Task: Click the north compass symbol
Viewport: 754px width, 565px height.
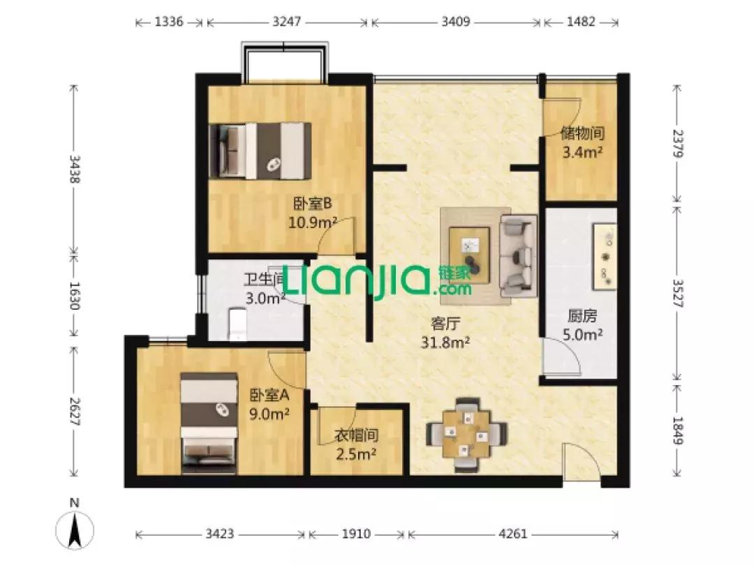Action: coord(75,529)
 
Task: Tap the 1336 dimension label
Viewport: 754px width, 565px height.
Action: coord(169,22)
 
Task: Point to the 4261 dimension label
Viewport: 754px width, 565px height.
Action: coord(513,534)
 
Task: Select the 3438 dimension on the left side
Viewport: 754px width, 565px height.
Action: coord(75,169)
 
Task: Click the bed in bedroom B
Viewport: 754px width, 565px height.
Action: coord(260,151)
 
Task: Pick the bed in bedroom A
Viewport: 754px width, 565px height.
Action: coord(209,423)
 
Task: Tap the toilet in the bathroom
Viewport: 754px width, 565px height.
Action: coord(238,324)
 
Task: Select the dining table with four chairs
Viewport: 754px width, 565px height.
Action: coord(466,434)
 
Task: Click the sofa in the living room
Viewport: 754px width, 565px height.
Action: coord(518,255)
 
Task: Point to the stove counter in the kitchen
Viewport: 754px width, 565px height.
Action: coord(604,257)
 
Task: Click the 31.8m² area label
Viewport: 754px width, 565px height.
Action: coord(445,342)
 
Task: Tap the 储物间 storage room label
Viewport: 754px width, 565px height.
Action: coord(582,133)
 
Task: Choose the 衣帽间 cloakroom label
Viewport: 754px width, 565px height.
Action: coord(356,435)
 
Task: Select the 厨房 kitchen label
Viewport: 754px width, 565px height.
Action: coord(582,316)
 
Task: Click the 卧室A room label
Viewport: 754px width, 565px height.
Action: coord(269,395)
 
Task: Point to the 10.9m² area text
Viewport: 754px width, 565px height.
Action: coord(313,223)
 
